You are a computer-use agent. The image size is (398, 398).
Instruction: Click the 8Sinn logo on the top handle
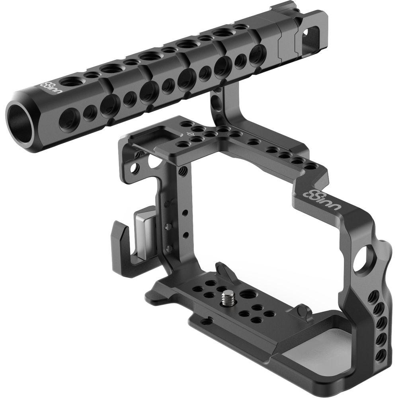(47, 85)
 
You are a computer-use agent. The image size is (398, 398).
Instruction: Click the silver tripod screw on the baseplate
(228, 297)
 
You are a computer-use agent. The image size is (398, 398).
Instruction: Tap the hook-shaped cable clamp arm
(127, 251)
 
